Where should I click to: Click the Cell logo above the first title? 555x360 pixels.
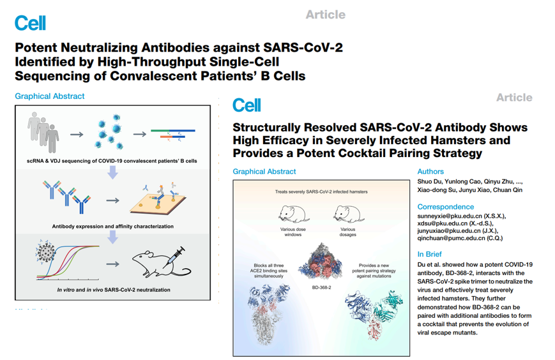(x=30, y=23)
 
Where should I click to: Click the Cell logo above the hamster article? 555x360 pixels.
(x=247, y=105)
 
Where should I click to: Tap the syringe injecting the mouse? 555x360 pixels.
(x=176, y=256)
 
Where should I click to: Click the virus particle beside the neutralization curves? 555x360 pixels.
(x=45, y=251)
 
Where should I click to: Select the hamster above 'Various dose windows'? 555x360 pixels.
(x=293, y=214)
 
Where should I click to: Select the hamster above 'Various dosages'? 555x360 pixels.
(x=348, y=214)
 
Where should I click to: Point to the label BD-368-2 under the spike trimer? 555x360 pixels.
(x=321, y=287)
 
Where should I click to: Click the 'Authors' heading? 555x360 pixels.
(x=430, y=172)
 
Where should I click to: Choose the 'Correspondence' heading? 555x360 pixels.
(x=446, y=207)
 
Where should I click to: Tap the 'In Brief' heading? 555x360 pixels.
(x=429, y=254)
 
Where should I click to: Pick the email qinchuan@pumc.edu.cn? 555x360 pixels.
(x=451, y=238)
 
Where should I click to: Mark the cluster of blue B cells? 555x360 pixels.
(x=109, y=131)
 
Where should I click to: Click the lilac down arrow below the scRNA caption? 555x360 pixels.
(x=112, y=172)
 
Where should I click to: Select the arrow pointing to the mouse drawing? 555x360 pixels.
(x=112, y=264)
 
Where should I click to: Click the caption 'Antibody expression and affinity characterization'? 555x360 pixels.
(x=112, y=227)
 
